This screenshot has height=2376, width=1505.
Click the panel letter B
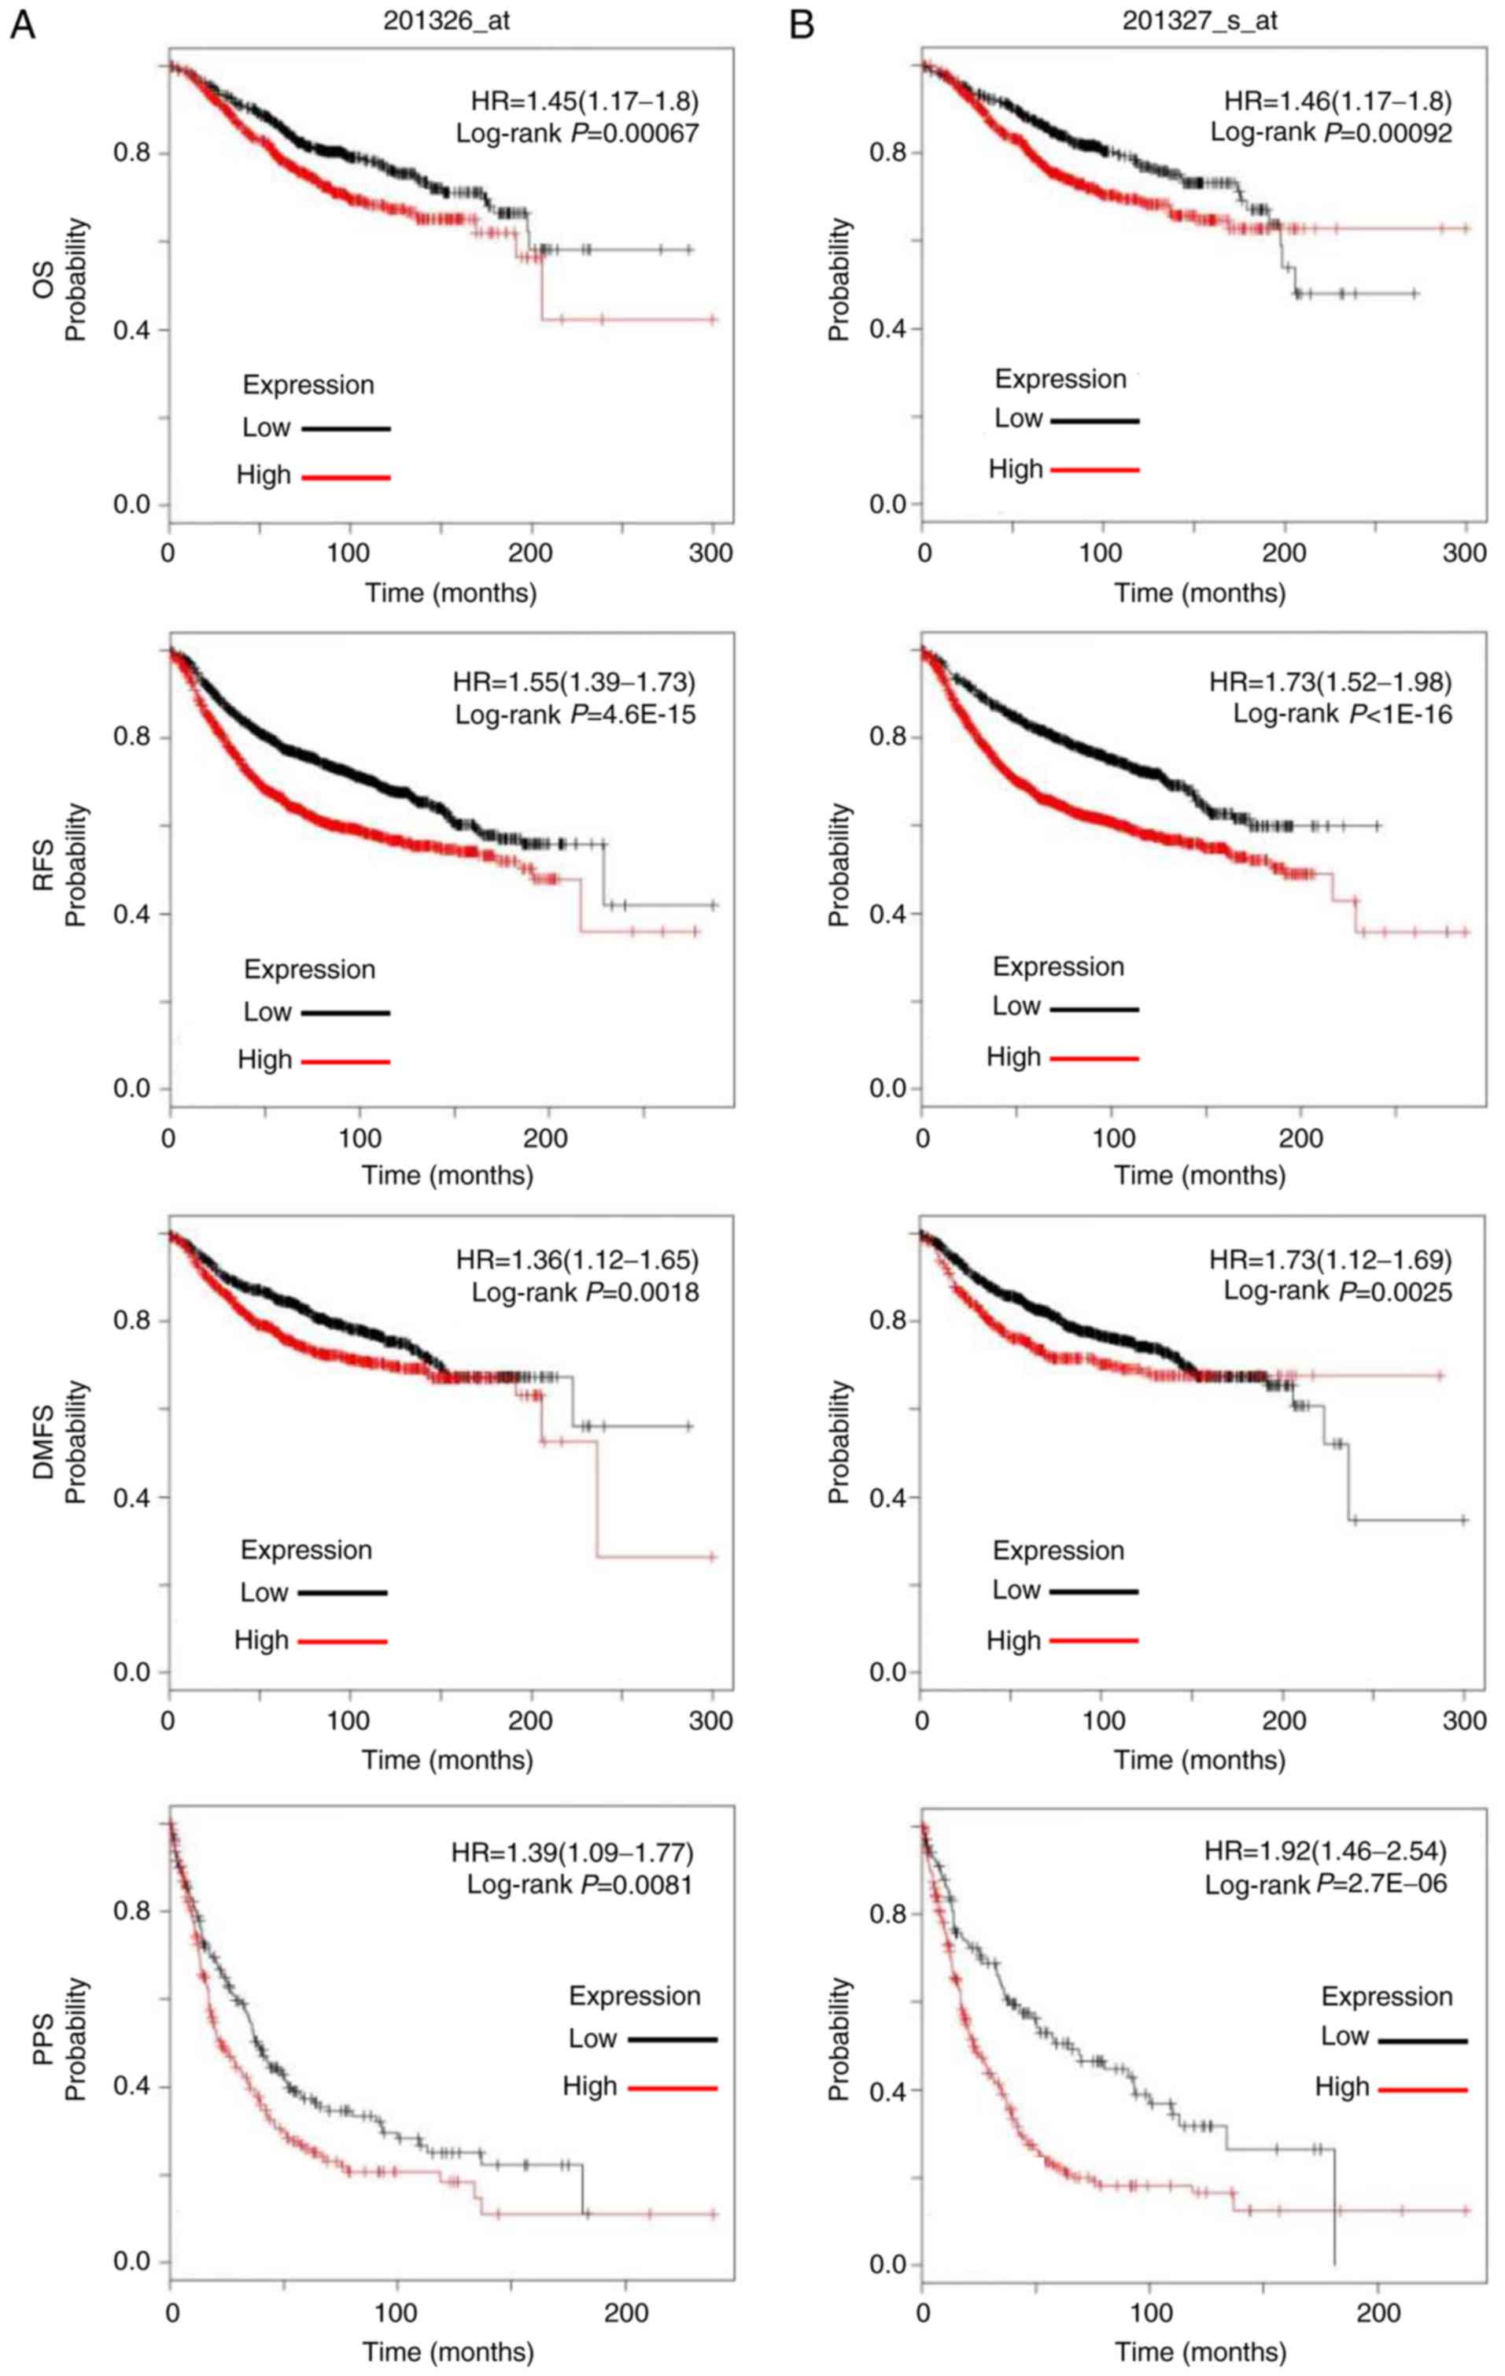802,24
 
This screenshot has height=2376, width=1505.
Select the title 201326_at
446,20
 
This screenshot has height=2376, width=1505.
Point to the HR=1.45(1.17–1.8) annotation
584,101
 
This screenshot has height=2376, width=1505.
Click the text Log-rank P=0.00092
1330,132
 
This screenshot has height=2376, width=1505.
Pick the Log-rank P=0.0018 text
585,1291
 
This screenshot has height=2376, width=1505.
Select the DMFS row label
44,1442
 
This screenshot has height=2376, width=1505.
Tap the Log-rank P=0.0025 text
1337,1291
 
